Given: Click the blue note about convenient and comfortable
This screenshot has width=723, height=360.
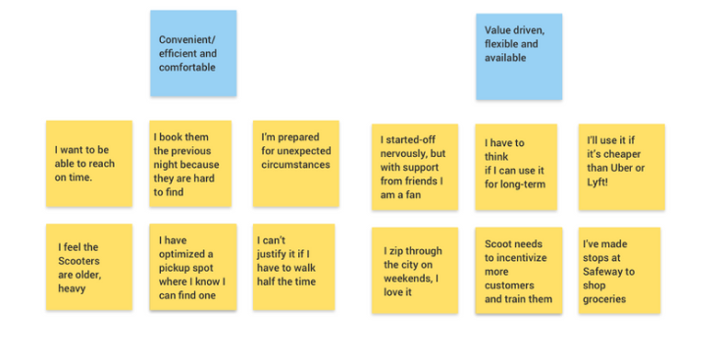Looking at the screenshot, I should pos(193,53).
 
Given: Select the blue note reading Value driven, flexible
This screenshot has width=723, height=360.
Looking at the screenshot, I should pos(519,56).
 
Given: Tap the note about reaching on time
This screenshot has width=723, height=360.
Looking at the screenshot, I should pos(88,163).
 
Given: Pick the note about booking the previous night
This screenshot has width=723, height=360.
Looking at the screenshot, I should pos(190,163).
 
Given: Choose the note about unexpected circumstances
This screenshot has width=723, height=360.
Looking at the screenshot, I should pos(295,163).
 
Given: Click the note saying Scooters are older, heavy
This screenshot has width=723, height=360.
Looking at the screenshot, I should pos(88,267).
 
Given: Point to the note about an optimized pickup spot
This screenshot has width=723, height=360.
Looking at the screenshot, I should pos(192,267).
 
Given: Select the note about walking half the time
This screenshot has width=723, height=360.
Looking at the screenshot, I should pos(293,267).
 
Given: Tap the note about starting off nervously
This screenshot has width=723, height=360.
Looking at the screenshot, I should pos(414,166).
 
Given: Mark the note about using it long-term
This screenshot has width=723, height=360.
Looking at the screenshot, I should pos(516,166).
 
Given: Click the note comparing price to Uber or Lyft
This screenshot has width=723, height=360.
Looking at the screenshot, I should pos(620,166).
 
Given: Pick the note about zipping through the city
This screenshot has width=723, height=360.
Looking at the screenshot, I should pos(414,270).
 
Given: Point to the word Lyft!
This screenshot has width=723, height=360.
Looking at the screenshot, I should pos(600,181).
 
